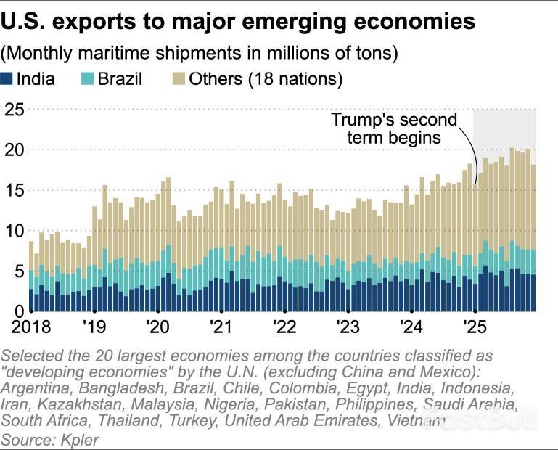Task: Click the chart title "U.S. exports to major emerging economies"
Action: click(x=239, y=21)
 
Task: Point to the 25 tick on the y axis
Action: click(x=14, y=110)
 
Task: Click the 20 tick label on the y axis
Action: click(x=14, y=150)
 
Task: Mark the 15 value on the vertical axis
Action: click(x=14, y=191)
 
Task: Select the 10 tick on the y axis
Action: click(x=14, y=232)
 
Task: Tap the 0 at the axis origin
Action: click(x=20, y=311)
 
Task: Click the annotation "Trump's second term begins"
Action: click(x=393, y=128)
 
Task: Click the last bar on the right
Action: click(x=533, y=240)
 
